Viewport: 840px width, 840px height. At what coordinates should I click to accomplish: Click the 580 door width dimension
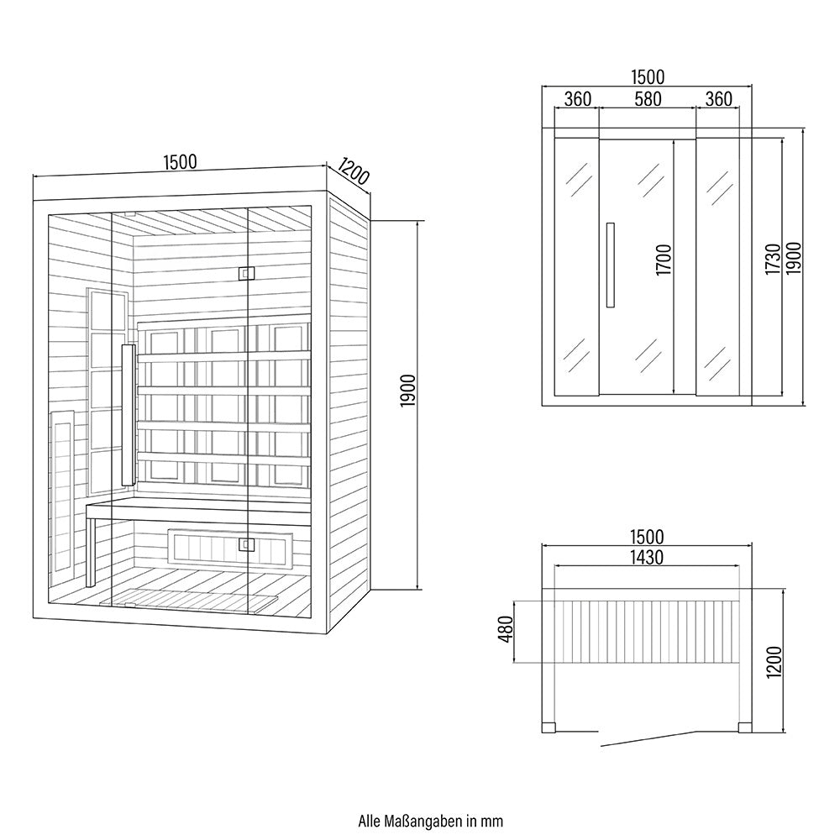(x=648, y=99)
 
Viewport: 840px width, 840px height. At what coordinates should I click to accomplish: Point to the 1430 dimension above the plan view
(x=647, y=556)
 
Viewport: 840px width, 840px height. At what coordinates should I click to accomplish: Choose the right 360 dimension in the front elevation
(x=718, y=99)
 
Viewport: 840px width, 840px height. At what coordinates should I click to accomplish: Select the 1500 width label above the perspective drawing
(x=181, y=163)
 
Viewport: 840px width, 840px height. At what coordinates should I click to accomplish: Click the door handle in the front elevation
(x=611, y=265)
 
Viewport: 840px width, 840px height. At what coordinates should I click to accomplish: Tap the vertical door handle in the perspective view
(x=128, y=414)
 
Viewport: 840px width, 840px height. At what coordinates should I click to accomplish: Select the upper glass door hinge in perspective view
(x=245, y=273)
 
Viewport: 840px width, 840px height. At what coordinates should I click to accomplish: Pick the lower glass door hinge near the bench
(x=246, y=544)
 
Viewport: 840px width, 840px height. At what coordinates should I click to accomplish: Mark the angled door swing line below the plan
(x=647, y=738)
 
